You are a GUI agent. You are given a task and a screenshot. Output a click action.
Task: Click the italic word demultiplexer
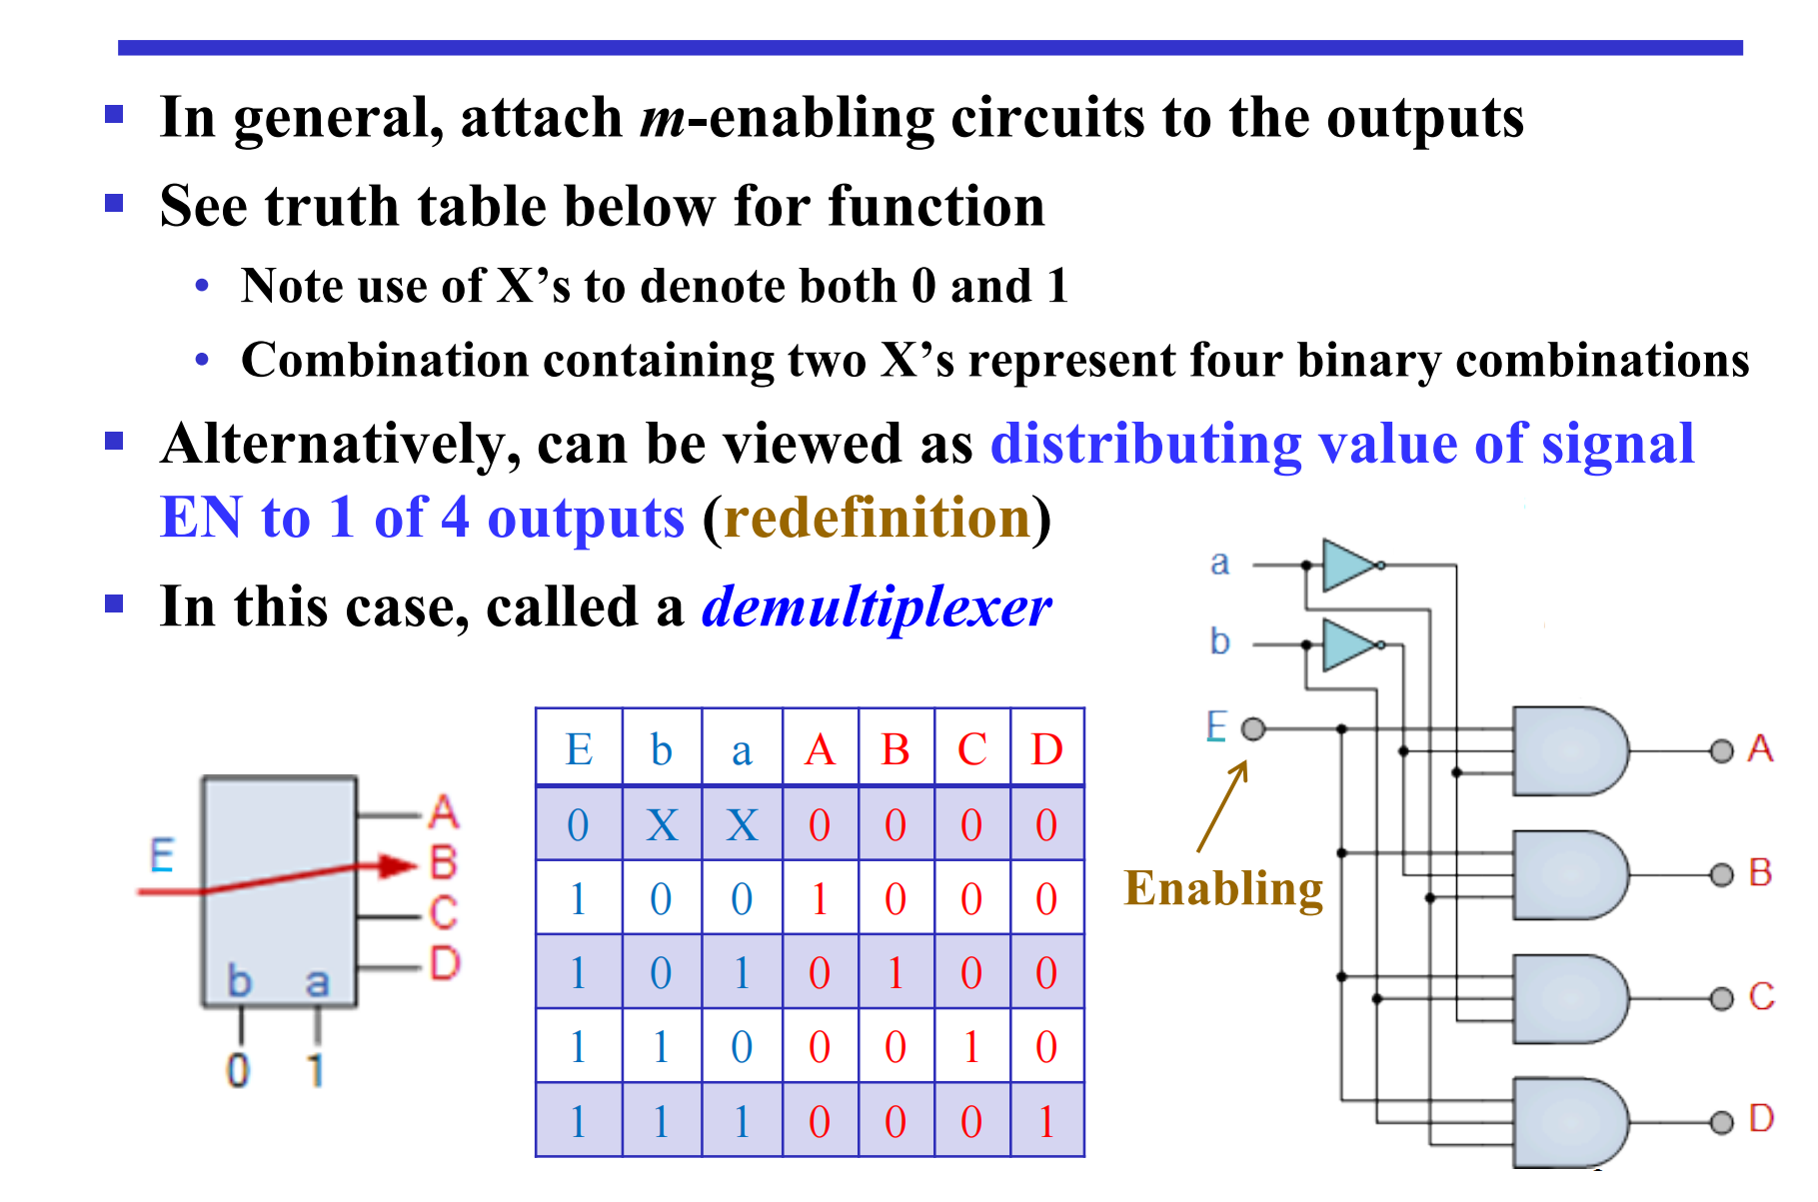[876, 606]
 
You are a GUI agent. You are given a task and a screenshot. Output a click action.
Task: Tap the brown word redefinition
[877, 518]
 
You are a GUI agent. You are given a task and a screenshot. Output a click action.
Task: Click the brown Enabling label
[1223, 888]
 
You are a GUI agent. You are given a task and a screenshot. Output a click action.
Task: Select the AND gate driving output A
[1567, 750]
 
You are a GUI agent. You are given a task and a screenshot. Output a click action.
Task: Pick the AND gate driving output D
[1567, 1121]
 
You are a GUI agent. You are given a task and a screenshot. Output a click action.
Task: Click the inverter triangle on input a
[1347, 566]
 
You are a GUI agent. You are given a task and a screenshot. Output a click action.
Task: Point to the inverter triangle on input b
[1347, 645]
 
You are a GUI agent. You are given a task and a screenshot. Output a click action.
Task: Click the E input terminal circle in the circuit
[1253, 728]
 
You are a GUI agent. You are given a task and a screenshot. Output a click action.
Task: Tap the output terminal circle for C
[1721, 998]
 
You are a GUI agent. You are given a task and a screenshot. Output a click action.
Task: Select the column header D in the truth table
[1046, 749]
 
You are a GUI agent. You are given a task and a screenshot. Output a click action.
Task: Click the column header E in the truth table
[579, 749]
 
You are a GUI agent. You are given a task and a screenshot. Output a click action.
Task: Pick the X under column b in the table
[662, 825]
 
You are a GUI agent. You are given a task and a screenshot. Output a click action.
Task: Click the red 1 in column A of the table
[820, 899]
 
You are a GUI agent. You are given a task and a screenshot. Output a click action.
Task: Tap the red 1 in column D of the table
[1046, 1122]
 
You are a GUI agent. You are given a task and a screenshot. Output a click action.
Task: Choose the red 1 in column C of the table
[971, 1047]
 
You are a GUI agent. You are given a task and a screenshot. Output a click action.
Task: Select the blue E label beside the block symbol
[162, 856]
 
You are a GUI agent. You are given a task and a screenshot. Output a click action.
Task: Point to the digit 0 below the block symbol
[238, 1071]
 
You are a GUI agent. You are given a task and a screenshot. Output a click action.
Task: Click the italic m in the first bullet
[663, 119]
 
